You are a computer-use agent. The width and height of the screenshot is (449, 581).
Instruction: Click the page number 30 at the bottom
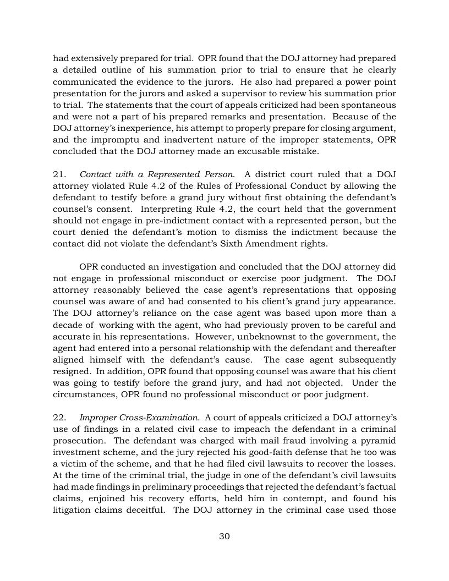224,537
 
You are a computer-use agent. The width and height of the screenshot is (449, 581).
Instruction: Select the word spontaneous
370,105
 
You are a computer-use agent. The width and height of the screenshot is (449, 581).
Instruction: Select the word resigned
73,370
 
